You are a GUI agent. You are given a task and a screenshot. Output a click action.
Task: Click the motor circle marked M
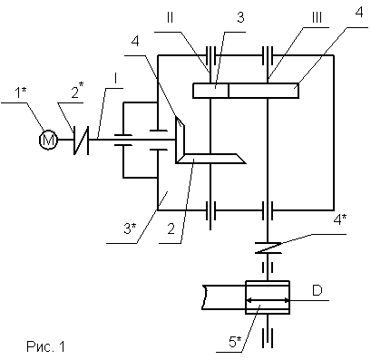(x=48, y=140)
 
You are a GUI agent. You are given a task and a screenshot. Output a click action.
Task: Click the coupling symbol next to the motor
(x=82, y=140)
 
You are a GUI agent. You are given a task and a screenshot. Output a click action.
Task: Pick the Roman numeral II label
(x=170, y=17)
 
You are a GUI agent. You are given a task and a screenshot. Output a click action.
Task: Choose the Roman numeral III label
(x=317, y=17)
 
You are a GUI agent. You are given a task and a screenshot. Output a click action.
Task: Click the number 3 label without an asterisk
(x=240, y=17)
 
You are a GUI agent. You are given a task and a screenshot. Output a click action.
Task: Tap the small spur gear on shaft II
(x=210, y=91)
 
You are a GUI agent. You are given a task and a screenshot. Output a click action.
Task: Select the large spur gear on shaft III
(x=264, y=91)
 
